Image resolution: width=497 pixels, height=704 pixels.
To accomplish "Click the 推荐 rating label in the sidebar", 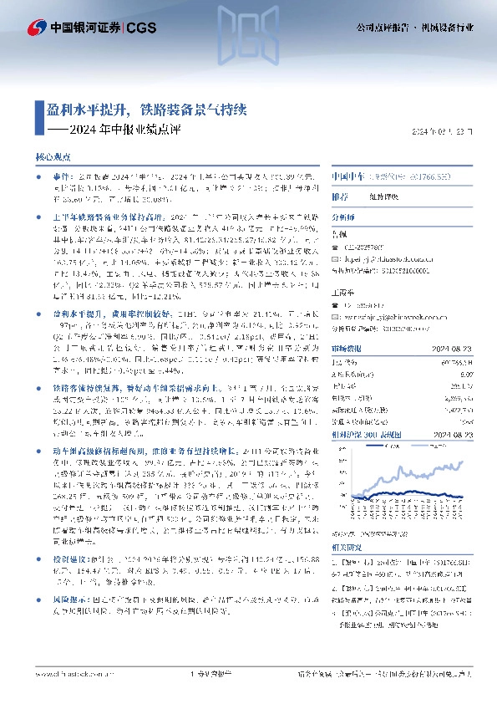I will [x=340, y=196].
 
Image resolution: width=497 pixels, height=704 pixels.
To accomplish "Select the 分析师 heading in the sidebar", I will [x=344, y=215].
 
